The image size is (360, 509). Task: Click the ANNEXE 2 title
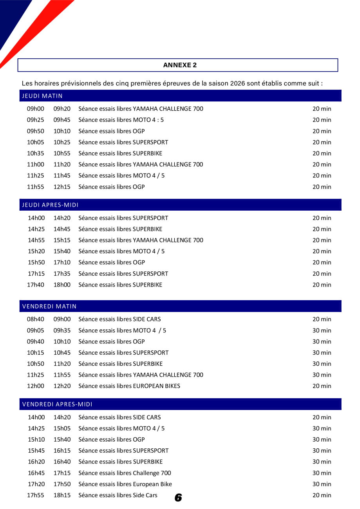180,65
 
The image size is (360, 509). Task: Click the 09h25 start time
36,120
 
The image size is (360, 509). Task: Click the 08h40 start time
36,320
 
